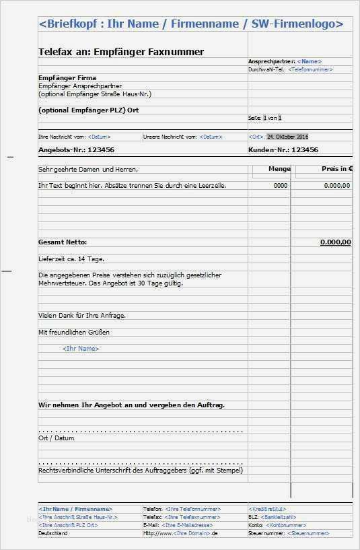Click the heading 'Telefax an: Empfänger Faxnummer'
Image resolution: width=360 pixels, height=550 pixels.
121,52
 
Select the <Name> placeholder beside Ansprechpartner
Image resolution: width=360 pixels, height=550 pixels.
309,61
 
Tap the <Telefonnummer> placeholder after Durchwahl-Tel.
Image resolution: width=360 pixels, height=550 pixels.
310,69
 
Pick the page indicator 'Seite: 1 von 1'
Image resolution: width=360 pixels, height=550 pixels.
265,118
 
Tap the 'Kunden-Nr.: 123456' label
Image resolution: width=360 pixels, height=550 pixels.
283,149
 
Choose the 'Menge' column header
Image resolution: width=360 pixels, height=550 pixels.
279,169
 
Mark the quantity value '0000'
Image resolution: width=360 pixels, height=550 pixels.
281,185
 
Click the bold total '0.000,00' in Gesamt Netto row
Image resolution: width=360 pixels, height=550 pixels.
335,242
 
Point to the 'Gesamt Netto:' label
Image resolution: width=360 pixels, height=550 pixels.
63,242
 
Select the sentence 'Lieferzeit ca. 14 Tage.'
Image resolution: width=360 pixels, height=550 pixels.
71,259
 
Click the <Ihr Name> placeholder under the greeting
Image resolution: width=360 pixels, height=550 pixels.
80,349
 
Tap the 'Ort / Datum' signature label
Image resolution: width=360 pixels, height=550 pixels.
56,438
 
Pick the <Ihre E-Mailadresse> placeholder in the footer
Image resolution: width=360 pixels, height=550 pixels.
188,525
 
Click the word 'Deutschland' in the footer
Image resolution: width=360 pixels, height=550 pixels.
53,533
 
